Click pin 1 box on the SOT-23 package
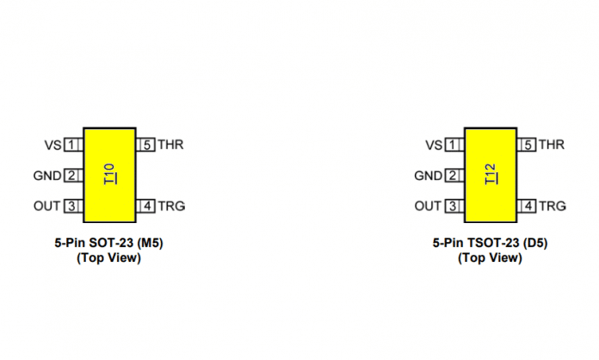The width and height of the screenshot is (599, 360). coord(74,145)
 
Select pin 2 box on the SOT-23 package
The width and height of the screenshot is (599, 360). coord(74,176)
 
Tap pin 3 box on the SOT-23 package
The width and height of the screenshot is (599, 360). coord(74,206)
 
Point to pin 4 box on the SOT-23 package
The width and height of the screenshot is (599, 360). coord(145,206)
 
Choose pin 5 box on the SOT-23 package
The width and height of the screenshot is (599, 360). coord(145,145)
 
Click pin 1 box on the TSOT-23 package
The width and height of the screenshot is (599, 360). coord(454,145)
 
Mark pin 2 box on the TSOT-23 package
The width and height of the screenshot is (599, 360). coord(454,176)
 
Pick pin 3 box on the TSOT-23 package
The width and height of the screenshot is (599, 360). coord(454,206)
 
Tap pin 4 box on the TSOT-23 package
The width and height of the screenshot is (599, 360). coord(527,206)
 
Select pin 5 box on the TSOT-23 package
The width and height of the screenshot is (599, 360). coord(527,145)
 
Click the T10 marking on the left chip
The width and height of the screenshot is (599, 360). coord(110,174)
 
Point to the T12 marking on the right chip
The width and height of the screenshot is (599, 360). coord(491,174)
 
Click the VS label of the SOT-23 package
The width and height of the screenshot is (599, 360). coord(52,146)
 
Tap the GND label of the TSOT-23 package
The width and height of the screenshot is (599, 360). coord(429,176)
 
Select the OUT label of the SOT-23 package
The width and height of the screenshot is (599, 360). coord(47,207)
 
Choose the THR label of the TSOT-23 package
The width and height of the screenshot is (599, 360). coord(552,145)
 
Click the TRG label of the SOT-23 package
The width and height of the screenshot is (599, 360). coord(171,207)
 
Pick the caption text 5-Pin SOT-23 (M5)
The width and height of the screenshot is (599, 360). coord(109,243)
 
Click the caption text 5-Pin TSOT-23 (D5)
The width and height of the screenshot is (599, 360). coord(490,243)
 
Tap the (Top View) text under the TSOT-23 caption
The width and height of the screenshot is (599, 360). coord(490,258)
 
